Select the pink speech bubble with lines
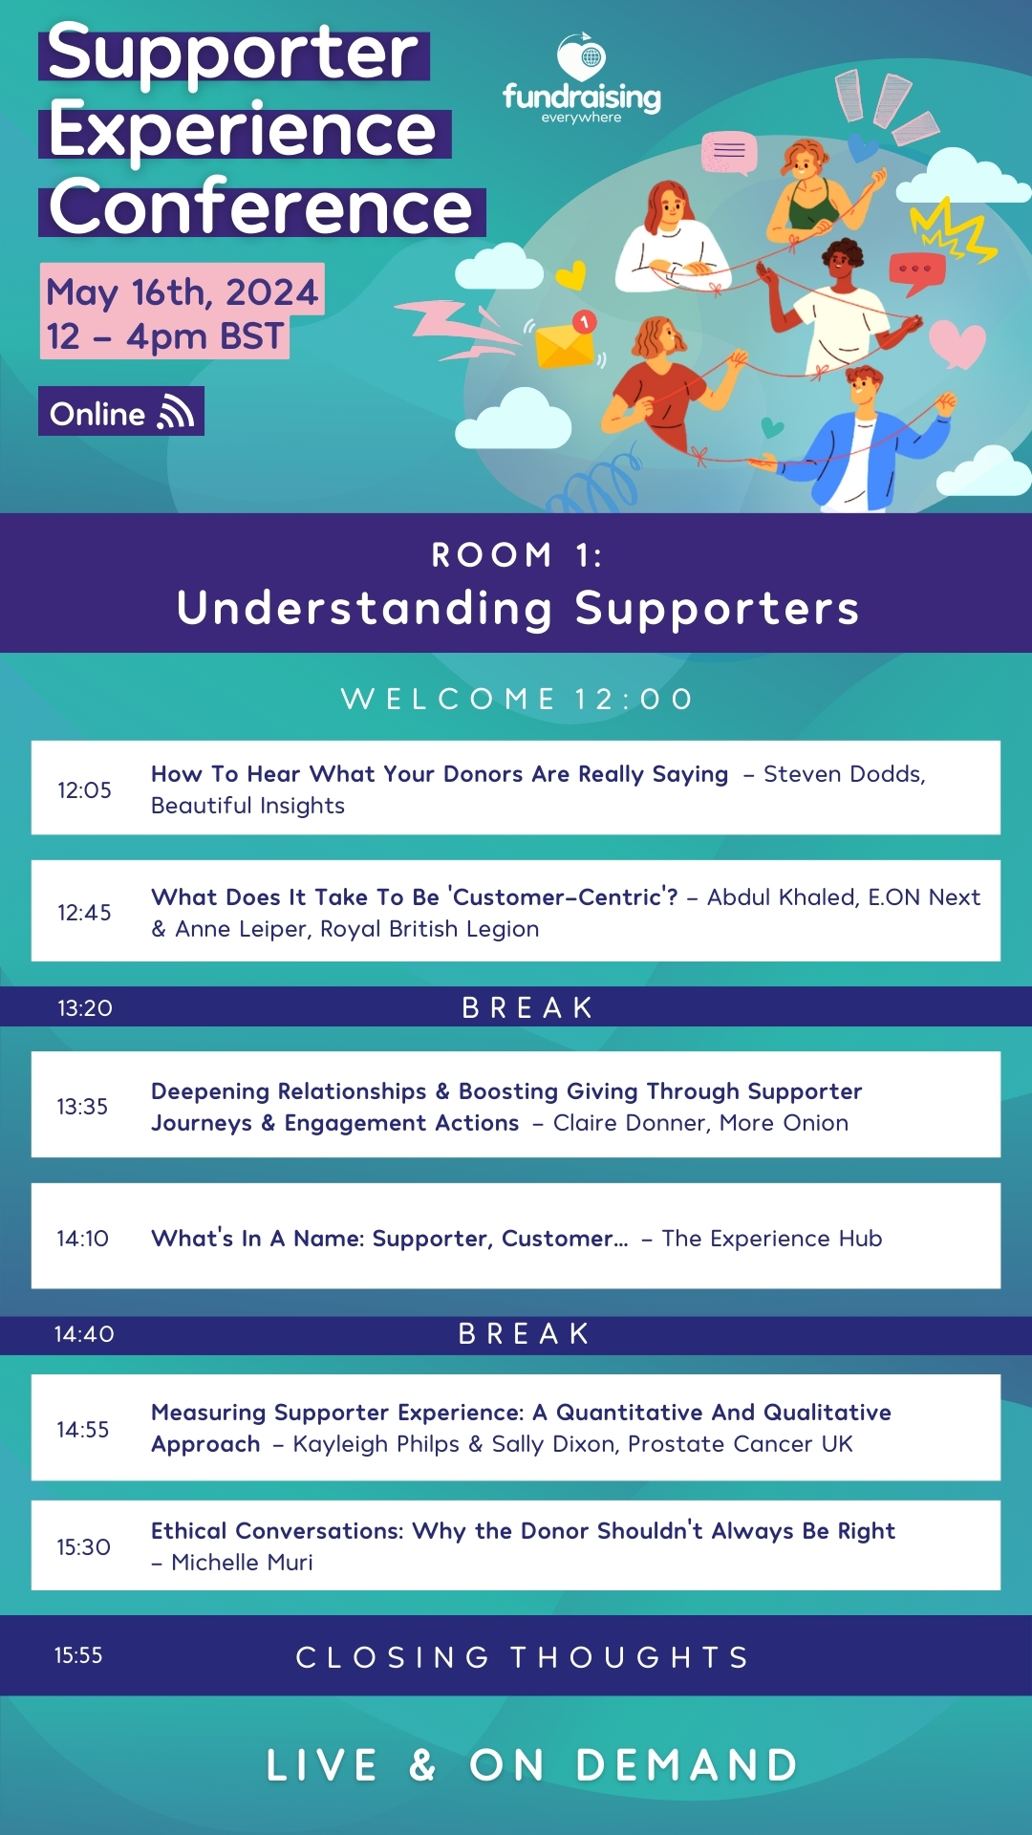click(x=729, y=153)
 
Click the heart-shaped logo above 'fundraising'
click(x=582, y=57)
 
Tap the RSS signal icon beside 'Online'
click(x=177, y=411)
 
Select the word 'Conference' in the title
click(x=261, y=207)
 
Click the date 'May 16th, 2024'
click(x=182, y=291)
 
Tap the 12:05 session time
click(x=84, y=789)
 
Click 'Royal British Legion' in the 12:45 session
click(x=429, y=929)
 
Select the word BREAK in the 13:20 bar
click(x=527, y=1007)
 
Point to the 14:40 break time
click(x=84, y=1333)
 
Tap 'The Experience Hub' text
click(x=772, y=1238)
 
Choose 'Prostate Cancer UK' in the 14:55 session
click(x=740, y=1443)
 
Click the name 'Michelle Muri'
click(x=242, y=1562)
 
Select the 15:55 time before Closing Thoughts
click(x=78, y=1655)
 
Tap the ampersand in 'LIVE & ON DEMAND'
click(x=422, y=1765)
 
